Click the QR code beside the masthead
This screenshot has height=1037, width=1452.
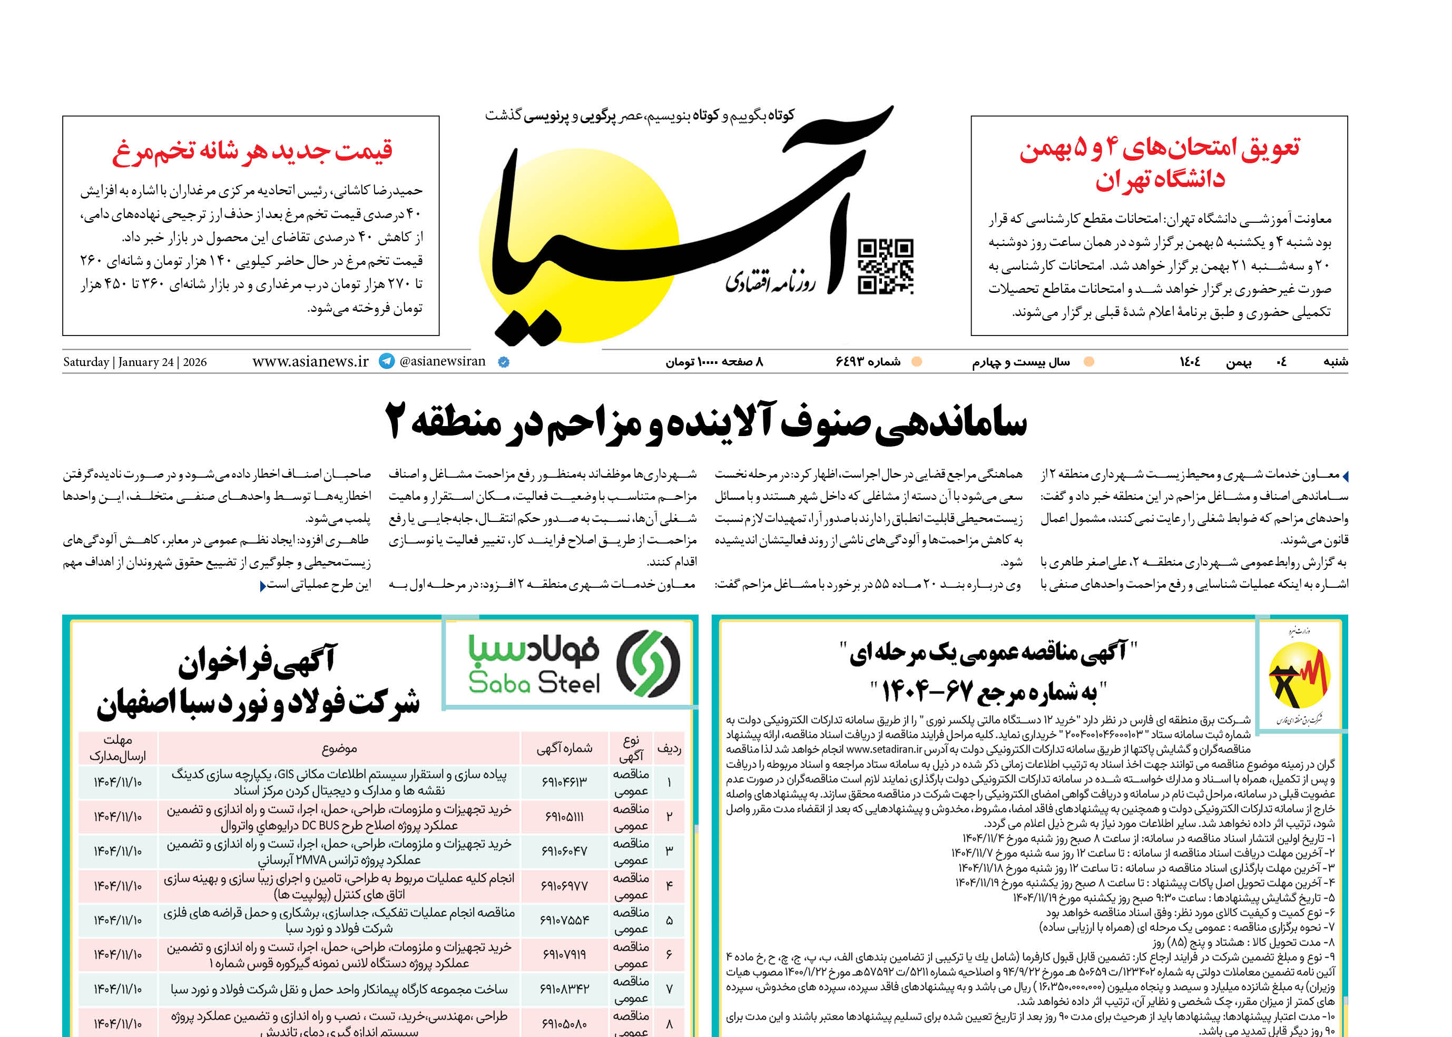coord(886,266)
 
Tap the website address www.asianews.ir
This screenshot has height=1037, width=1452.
coord(310,361)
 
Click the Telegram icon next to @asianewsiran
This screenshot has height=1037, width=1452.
coord(387,361)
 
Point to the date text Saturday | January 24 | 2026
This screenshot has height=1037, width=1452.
coord(135,362)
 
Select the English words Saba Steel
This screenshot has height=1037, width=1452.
coord(534,683)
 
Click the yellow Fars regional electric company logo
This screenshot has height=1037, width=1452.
coord(1299,676)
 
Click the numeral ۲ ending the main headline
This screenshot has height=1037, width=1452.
coord(396,421)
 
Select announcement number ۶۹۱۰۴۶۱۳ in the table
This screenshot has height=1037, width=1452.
coord(564,782)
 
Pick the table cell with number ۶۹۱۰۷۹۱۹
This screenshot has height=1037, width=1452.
coord(564,955)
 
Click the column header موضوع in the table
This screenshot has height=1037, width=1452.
coord(339,748)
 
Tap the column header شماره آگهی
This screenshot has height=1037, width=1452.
coord(564,748)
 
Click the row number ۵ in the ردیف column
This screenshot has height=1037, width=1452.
coord(669,920)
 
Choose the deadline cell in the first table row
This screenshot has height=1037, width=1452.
coord(117,782)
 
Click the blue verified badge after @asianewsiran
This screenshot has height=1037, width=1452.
coord(503,362)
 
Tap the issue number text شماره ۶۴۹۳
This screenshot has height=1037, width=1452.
coord(868,362)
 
